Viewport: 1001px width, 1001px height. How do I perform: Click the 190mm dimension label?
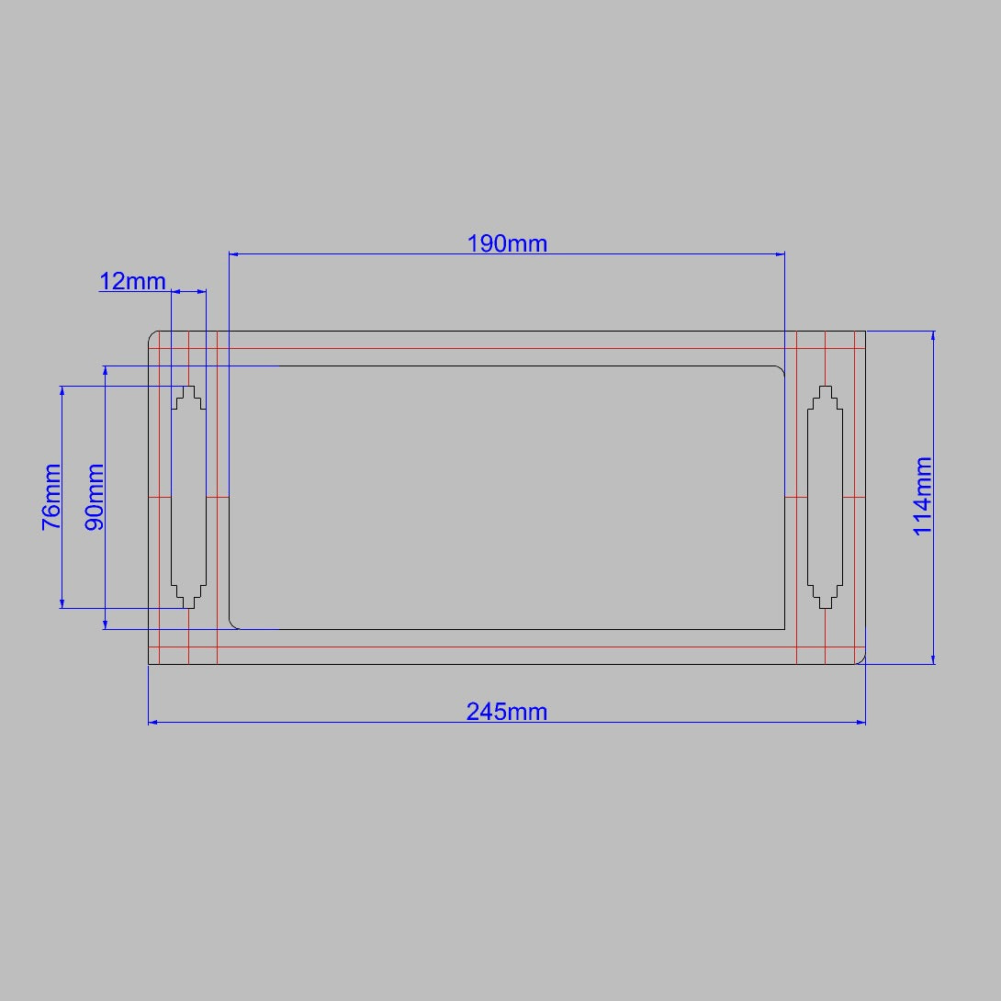[x=507, y=243]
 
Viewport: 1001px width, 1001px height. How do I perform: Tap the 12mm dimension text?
[x=132, y=281]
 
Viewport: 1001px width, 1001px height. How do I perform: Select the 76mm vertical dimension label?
[x=51, y=498]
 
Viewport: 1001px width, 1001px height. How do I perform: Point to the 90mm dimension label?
[x=95, y=498]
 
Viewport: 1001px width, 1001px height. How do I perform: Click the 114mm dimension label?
[x=923, y=496]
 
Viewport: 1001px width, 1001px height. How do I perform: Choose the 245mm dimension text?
[x=507, y=711]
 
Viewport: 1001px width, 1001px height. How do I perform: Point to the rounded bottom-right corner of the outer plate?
[x=860, y=659]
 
